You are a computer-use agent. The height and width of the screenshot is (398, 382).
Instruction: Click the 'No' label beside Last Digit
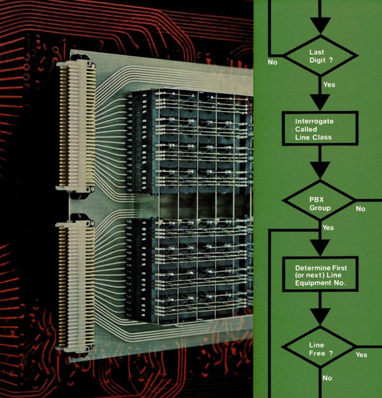(272, 62)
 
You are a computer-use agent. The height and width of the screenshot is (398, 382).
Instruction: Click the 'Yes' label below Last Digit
(329, 85)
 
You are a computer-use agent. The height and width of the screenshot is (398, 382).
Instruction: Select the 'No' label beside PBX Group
(360, 209)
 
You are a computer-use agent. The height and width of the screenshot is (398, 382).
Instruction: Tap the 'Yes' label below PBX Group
(328, 228)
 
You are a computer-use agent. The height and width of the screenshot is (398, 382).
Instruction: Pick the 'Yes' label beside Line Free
(361, 354)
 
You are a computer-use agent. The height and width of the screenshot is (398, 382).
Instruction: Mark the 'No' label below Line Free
(327, 378)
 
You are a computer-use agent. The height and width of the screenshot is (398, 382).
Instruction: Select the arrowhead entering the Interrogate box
(320, 102)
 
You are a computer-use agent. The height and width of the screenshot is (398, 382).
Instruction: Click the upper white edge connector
(76, 125)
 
